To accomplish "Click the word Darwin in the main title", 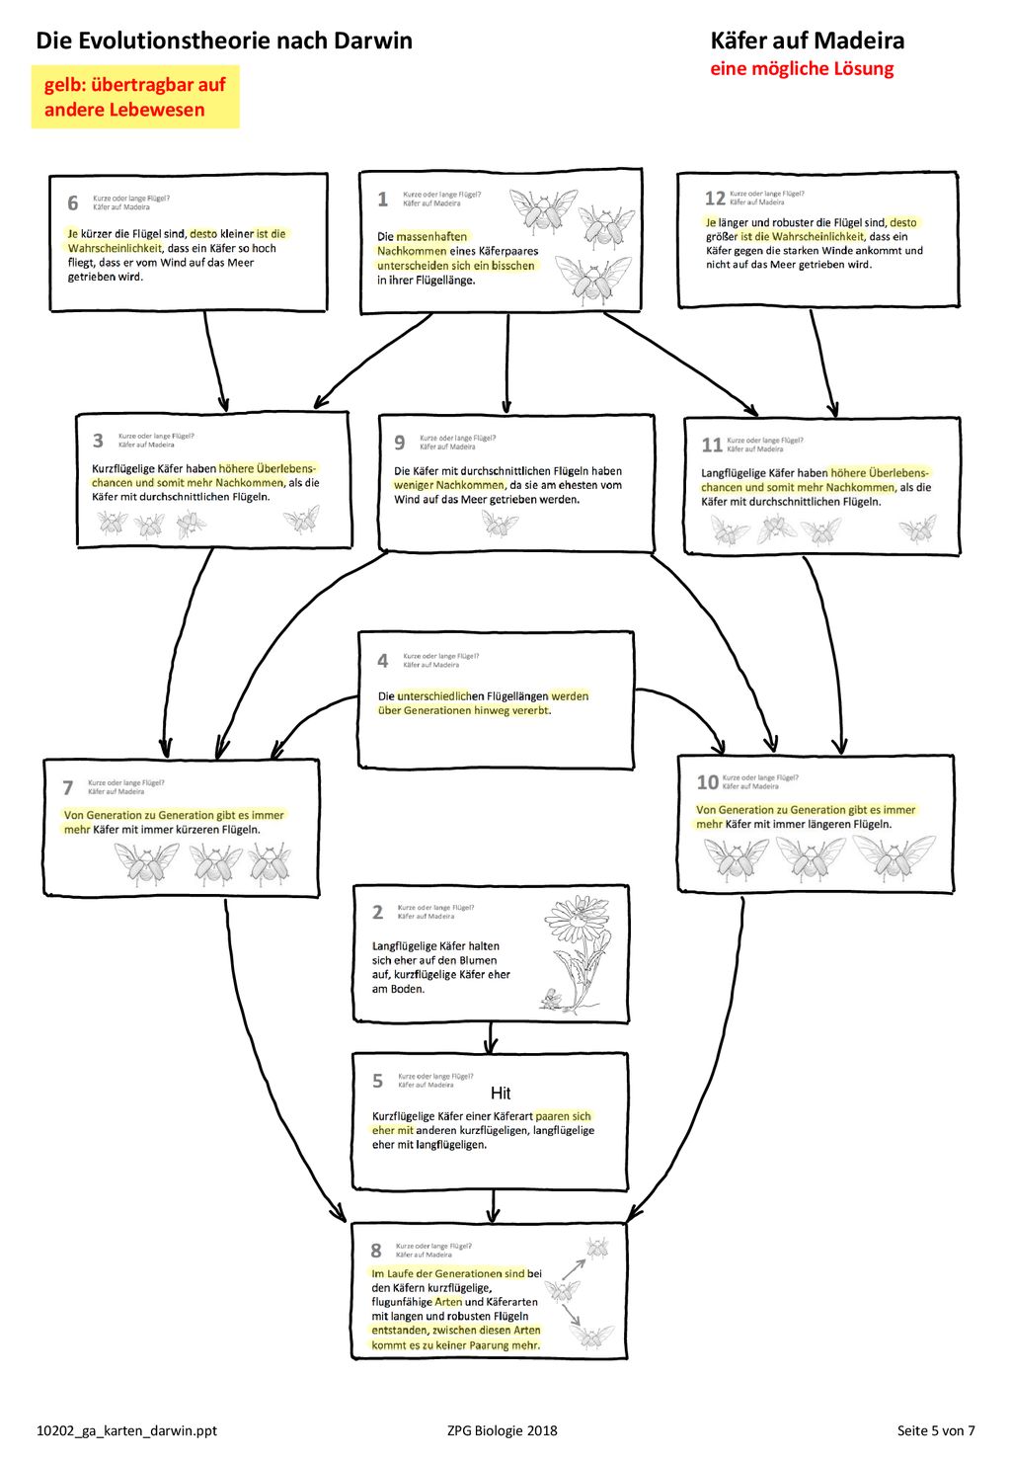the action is click(373, 41).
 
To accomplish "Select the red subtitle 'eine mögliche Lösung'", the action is click(802, 69).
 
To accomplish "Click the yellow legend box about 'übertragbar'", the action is click(135, 97).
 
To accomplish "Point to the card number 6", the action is click(73, 203).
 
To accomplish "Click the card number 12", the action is click(715, 199).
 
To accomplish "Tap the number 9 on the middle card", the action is click(400, 443).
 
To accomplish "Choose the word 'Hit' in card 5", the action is click(500, 1093).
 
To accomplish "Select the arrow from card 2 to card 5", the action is click(491, 1036).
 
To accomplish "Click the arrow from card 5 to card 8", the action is click(493, 1205).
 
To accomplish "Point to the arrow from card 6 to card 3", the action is click(214, 361).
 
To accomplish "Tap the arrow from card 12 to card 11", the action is click(822, 363).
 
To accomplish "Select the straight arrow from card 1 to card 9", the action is click(507, 363).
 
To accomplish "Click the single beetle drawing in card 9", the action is click(500, 523).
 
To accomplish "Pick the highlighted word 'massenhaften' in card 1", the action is click(431, 237).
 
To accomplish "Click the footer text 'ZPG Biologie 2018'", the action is click(502, 1430).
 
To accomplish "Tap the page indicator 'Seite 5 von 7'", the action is click(936, 1430).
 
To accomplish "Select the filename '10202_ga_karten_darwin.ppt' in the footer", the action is click(126, 1431).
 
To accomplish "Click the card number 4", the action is click(383, 661).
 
